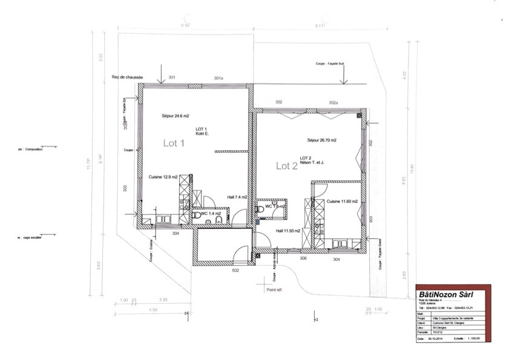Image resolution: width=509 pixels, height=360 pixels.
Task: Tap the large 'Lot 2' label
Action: pos(287,166)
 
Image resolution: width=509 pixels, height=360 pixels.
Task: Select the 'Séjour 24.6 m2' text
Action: pos(176,116)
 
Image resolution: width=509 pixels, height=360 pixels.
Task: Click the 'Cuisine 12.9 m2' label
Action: pos(163,177)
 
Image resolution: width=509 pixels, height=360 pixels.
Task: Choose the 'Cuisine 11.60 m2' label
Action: pos(343,201)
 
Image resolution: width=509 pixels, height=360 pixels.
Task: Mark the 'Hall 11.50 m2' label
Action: pos(289,231)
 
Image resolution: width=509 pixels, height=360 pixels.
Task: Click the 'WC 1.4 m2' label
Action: pos(212,214)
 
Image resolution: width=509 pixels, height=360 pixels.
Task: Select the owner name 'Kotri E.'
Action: pos(202,134)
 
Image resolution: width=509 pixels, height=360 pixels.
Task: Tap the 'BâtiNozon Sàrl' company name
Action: pos(446,294)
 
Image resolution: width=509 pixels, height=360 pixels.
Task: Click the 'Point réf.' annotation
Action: pos(274,289)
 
